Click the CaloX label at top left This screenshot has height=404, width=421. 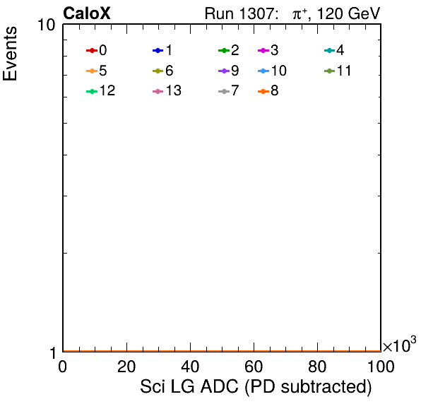click(x=87, y=13)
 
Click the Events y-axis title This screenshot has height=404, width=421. click(x=10, y=54)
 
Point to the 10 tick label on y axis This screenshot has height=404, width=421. click(x=46, y=25)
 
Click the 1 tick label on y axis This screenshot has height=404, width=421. click(x=53, y=353)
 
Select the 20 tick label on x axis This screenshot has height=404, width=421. click(x=126, y=367)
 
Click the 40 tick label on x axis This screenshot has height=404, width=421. click(x=190, y=367)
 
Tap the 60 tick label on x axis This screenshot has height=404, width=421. click(x=254, y=367)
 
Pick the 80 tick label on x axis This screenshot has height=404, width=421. click(x=317, y=367)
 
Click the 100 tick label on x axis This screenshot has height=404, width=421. click(x=381, y=367)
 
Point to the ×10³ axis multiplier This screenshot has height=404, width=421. click(x=400, y=345)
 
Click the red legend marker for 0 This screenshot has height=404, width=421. click(x=92, y=50)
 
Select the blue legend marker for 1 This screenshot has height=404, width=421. click(x=158, y=50)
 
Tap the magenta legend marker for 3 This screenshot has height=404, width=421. click(x=263, y=50)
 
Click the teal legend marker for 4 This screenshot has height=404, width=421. click(x=329, y=50)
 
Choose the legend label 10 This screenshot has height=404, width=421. click(x=279, y=71)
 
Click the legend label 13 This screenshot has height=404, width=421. click(x=174, y=90)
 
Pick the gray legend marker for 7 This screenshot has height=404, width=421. click(x=224, y=92)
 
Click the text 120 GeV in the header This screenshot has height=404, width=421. click(x=348, y=13)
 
